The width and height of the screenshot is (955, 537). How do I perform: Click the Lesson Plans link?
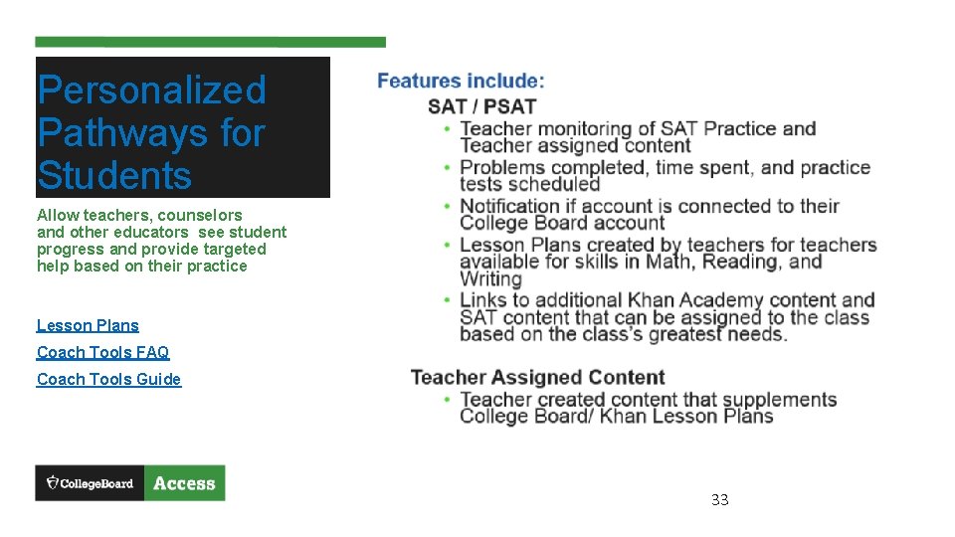[88, 325]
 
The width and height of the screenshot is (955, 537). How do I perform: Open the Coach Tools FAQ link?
[102, 352]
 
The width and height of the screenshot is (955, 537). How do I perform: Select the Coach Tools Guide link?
[108, 379]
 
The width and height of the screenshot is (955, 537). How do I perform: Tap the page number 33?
[719, 499]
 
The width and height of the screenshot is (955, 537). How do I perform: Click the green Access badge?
[184, 483]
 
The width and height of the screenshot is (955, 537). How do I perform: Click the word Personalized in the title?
[151, 90]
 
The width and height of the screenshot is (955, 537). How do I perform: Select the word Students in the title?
[114, 176]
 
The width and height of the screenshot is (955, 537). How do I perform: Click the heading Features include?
[461, 82]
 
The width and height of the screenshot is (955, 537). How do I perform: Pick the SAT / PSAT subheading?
[481, 106]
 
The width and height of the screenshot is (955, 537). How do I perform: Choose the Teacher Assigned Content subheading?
[537, 377]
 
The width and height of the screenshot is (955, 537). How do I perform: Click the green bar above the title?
[210, 43]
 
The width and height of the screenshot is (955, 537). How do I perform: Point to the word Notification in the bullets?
[511, 207]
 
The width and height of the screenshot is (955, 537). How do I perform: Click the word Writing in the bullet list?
[490, 279]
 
